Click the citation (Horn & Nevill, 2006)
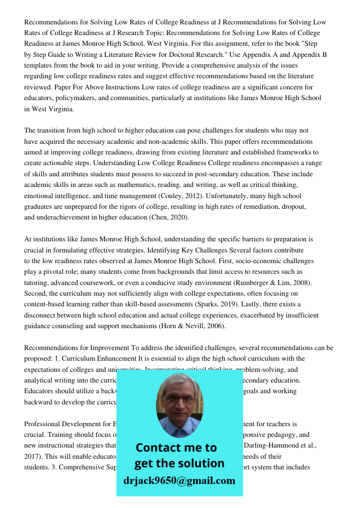tap(193, 326)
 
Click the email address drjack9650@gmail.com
tap(179, 480)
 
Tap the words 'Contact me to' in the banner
tap(176, 448)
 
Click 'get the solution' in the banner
tap(179, 463)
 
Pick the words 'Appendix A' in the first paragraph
tap(239, 54)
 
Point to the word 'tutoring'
tap(38, 282)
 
